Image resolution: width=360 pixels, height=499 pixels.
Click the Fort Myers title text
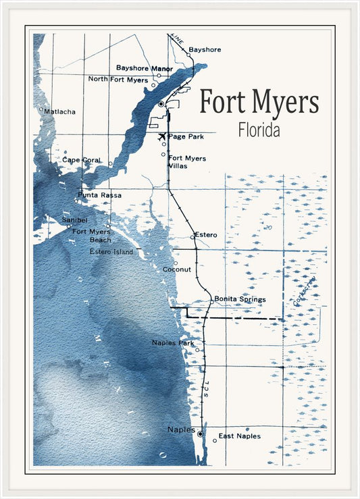[x=259, y=103]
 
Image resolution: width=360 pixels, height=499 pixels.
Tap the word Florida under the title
[x=259, y=130]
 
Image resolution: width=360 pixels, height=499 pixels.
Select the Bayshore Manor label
[x=145, y=68]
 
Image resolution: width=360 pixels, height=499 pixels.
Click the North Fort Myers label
[x=118, y=79]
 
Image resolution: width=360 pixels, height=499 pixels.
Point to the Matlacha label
[x=60, y=111]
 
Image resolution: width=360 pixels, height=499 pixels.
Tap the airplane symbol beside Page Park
[x=162, y=136]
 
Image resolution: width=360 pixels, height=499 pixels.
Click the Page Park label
[x=186, y=136]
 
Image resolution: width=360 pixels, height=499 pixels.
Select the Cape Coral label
[x=81, y=160]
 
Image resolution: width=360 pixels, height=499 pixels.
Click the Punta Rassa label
[x=100, y=195]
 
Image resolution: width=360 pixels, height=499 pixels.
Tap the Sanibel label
[x=75, y=220]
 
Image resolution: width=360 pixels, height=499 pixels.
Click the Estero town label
[x=206, y=234]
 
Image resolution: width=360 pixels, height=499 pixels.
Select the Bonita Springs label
[x=240, y=298]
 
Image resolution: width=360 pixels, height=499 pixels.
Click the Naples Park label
[x=173, y=343]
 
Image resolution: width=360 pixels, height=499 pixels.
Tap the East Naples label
[x=239, y=436]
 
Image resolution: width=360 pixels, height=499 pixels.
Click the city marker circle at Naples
[x=200, y=434]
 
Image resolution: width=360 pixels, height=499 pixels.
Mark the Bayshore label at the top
[x=205, y=49]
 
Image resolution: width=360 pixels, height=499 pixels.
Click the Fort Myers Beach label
[x=92, y=235]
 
